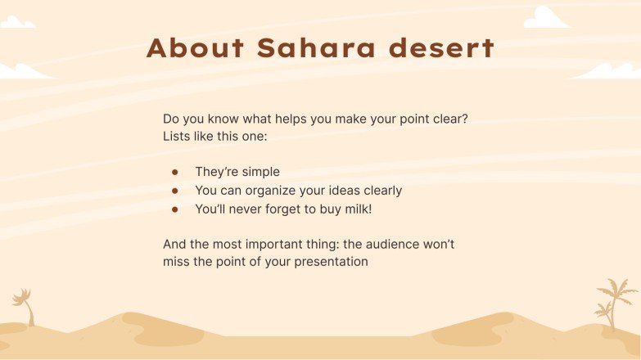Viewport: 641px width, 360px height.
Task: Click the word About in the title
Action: tap(195, 48)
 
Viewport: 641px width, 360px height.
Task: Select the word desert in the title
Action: tap(441, 48)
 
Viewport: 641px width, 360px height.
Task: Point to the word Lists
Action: tap(177, 137)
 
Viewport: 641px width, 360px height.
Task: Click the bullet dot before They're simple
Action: tap(174, 173)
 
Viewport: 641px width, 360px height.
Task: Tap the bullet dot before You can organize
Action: tap(174, 191)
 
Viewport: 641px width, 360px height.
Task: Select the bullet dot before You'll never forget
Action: tap(174, 209)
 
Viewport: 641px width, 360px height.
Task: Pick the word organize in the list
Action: tap(272, 191)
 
